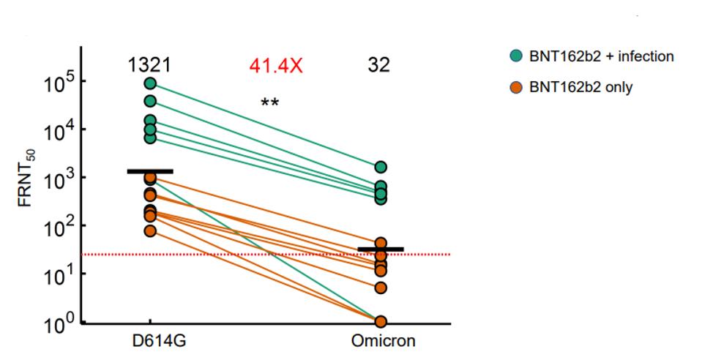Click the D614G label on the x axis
(150, 342)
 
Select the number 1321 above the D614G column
(150, 65)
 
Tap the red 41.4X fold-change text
(275, 65)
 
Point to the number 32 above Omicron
(379, 65)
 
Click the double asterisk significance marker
(269, 102)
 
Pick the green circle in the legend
(518, 56)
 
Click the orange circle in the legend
(518, 87)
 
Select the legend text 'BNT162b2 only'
(581, 87)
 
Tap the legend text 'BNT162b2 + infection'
(602, 56)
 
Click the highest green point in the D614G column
(150, 83)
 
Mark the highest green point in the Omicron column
(381, 168)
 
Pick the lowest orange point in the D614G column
(150, 231)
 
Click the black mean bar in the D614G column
(150, 171)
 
